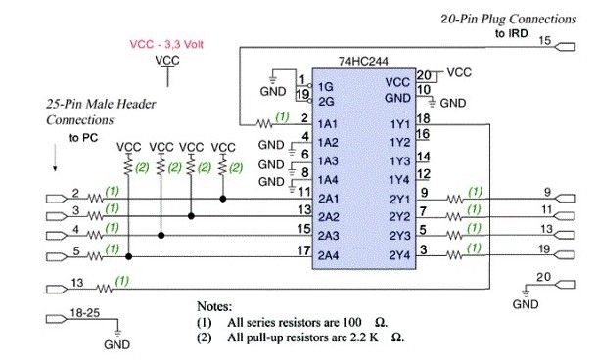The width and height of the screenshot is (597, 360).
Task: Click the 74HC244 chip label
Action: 363,62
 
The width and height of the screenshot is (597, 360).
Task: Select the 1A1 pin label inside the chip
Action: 328,124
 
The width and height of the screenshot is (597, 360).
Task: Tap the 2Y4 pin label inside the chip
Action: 399,255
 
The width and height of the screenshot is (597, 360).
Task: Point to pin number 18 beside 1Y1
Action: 423,118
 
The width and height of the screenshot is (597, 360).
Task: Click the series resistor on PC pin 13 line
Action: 105,289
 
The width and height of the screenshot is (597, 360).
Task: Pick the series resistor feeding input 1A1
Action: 264,123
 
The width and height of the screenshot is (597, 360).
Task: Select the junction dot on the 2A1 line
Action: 223,199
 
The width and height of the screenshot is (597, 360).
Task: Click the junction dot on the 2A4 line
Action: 128,257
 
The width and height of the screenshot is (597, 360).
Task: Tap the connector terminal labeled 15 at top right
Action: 566,47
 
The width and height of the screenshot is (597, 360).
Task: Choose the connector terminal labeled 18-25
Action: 57,319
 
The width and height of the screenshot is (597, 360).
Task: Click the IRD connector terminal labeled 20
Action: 566,285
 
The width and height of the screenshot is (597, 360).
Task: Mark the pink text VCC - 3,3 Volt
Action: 166,45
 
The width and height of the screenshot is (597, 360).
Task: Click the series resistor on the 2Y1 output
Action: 455,199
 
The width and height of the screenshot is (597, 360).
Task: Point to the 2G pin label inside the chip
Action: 326,102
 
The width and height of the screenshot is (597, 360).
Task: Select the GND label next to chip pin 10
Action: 453,103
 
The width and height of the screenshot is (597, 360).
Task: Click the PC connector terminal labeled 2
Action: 57,199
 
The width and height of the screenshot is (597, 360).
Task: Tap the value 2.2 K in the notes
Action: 364,337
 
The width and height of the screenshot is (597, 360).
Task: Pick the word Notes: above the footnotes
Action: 214,306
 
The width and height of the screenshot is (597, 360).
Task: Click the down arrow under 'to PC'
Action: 55,157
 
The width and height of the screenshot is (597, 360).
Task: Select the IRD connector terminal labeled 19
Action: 566,254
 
